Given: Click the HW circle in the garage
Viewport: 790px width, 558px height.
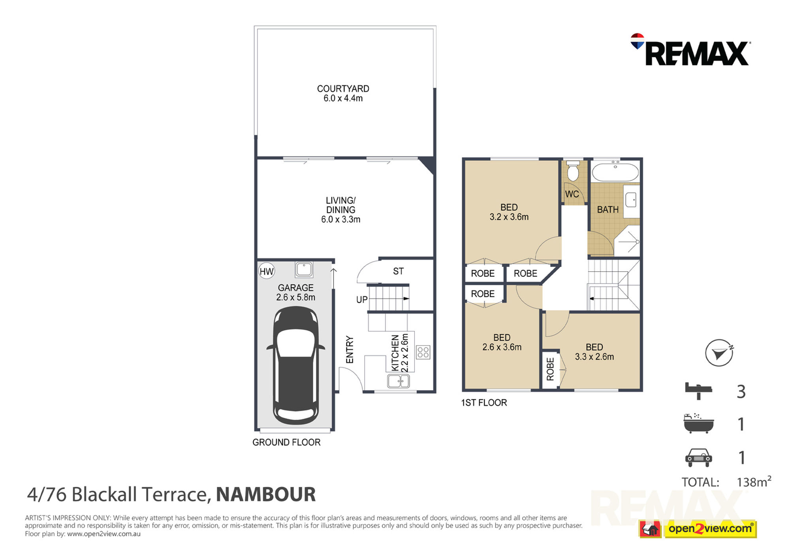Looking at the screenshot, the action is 267,271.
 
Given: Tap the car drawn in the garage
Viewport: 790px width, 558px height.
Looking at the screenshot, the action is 295,366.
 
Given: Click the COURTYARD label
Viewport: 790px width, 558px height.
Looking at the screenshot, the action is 343,89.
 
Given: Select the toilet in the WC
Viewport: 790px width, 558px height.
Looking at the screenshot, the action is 573,171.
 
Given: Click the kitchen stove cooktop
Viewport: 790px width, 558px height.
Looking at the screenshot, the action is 423,352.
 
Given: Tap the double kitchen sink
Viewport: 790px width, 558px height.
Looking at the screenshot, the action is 398,381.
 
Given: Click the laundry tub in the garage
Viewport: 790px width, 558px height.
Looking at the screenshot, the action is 304,270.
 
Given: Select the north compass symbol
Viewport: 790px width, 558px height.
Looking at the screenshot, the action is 719,353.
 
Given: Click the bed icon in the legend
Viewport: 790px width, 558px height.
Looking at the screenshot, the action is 698,390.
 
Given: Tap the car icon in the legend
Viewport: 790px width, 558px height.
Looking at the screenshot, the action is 698,458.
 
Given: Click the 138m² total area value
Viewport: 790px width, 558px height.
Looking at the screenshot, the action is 754,481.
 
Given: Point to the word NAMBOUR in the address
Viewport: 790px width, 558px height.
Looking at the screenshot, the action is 266,494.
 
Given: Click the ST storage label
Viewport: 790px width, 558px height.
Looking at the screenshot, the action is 398,271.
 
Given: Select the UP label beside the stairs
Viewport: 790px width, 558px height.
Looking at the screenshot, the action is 362,300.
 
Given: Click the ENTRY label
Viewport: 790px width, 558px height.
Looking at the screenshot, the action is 350,349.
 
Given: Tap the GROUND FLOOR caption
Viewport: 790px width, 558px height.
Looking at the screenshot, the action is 286,442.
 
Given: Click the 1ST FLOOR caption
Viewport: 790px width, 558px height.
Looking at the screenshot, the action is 484,403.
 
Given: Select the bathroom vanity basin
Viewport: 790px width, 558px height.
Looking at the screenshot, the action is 631,200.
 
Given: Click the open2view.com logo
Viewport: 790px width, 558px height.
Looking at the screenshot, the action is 710,529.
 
